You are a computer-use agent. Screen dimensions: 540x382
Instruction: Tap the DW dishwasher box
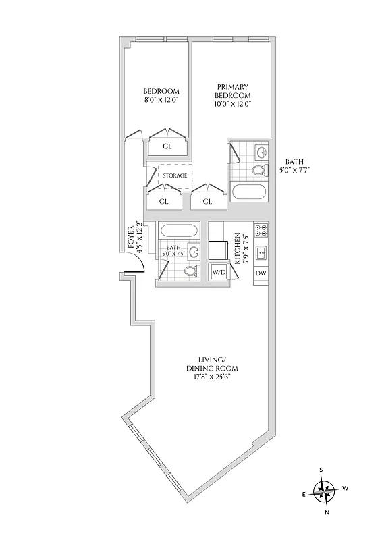(x=261, y=273)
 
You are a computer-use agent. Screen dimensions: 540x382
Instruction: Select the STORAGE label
(x=175, y=175)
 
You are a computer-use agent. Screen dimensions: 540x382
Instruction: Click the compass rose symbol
(x=325, y=489)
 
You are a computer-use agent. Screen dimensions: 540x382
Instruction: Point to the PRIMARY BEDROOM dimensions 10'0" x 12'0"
(x=234, y=104)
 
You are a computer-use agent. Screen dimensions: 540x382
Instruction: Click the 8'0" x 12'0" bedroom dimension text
(x=161, y=101)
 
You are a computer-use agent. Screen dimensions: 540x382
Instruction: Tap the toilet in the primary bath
(x=258, y=170)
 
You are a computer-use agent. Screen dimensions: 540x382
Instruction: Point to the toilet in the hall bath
(x=192, y=271)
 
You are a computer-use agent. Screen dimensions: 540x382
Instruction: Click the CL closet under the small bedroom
(x=167, y=146)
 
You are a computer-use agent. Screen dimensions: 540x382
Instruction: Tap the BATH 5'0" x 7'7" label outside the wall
(x=294, y=166)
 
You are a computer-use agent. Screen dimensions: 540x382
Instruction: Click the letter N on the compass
(x=327, y=512)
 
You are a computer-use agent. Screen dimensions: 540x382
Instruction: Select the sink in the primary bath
(x=261, y=151)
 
